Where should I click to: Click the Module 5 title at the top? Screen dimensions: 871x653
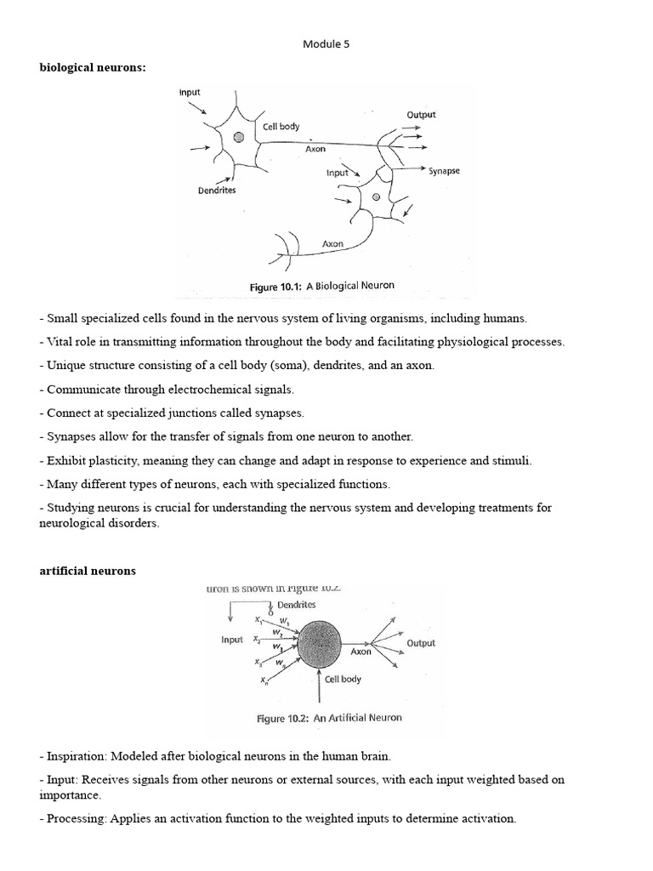326,45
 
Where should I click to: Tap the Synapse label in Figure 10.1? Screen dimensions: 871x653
444,171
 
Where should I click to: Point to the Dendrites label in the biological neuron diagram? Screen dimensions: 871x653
217,191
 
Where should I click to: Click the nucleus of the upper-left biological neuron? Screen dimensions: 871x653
239,136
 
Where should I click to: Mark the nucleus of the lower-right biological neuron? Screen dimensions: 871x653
375,197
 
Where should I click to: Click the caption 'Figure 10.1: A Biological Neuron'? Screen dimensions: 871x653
321,287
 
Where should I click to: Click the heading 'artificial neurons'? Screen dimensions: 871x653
87,571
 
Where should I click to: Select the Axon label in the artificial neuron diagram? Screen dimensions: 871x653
361,652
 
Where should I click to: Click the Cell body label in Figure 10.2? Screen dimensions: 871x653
343,679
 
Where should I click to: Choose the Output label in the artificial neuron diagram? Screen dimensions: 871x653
421,644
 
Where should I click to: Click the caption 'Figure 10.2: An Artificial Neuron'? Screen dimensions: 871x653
329,718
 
